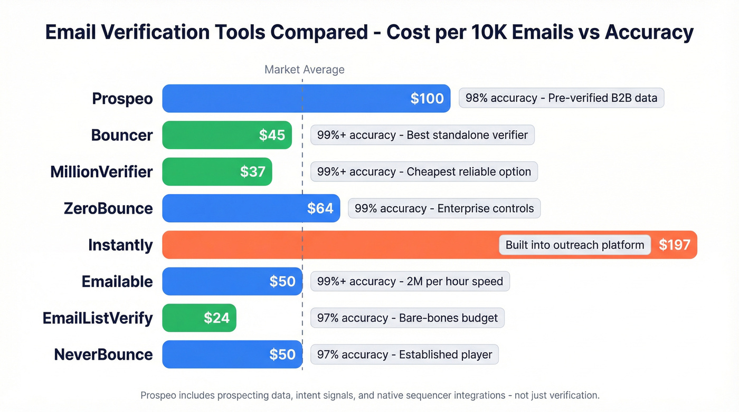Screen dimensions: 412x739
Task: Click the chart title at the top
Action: pos(369,33)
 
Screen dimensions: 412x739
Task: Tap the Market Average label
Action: pos(304,70)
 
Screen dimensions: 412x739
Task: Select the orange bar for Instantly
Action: pos(327,245)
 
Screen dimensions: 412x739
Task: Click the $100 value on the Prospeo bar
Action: pos(427,99)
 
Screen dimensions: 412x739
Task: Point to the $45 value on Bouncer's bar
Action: pos(272,135)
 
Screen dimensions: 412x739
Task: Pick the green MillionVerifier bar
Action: pos(217,171)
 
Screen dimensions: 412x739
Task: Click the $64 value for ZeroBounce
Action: pos(320,208)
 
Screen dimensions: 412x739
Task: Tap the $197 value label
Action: pos(674,245)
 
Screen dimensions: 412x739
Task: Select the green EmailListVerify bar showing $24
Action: pos(199,318)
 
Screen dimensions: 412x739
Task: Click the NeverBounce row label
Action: pos(103,354)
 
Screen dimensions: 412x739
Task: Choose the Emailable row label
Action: pos(117,281)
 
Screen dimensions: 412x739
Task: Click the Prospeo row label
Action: pos(122,99)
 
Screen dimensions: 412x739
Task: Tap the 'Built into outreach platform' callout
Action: pos(574,245)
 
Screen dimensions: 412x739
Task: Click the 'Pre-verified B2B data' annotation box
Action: pos(561,99)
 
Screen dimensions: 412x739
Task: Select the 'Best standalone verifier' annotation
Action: pos(422,135)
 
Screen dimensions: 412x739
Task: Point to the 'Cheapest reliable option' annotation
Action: pos(424,171)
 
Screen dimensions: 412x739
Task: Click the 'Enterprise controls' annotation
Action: pos(444,208)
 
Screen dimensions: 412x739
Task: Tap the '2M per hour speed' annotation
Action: pos(410,281)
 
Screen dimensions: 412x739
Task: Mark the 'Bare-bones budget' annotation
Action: pos(407,318)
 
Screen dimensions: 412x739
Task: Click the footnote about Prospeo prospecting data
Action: pos(369,395)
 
